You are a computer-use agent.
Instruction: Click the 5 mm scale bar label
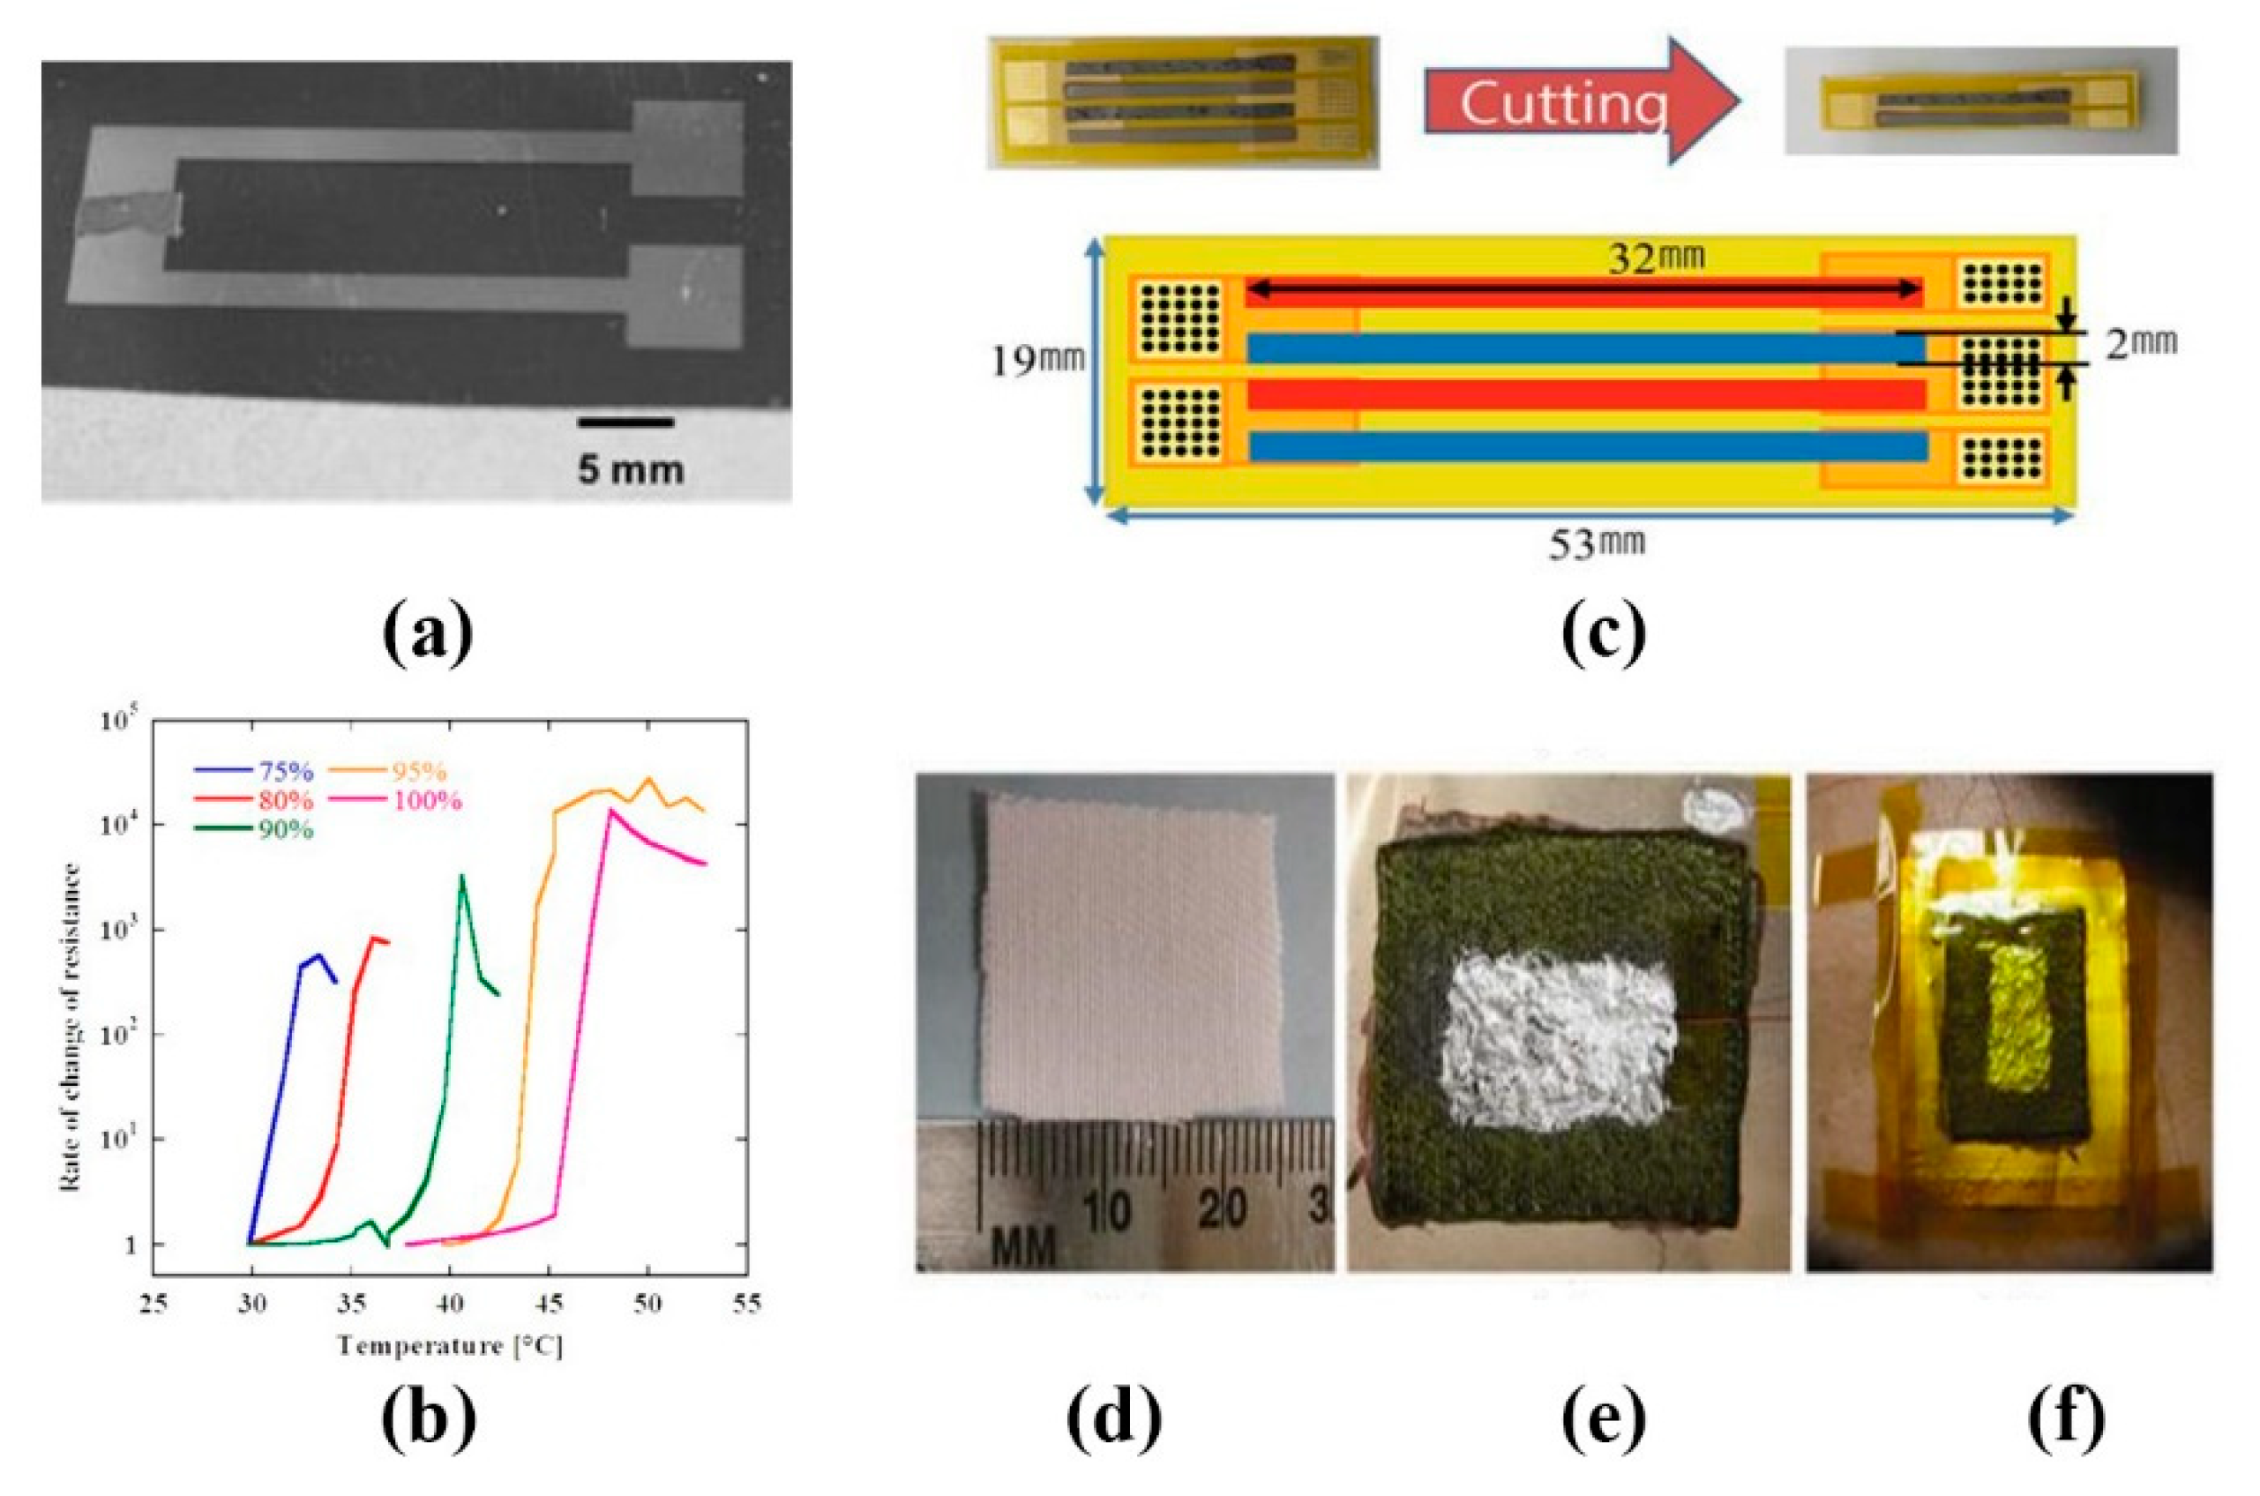point(630,469)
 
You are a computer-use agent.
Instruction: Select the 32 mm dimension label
point(1655,258)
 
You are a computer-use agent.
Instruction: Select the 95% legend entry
point(418,772)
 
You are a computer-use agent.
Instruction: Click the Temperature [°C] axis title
point(449,1346)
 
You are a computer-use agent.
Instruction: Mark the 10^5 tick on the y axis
point(119,722)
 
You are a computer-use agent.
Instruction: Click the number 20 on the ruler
point(1222,1211)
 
